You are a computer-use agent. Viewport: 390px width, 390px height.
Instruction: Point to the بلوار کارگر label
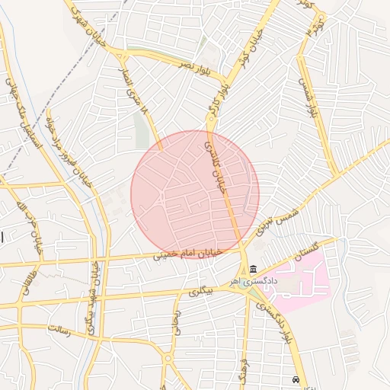pos(216,105)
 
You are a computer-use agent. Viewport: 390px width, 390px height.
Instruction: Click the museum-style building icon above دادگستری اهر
pos(253,269)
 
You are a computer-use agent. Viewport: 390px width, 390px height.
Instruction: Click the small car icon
pos(296,379)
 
